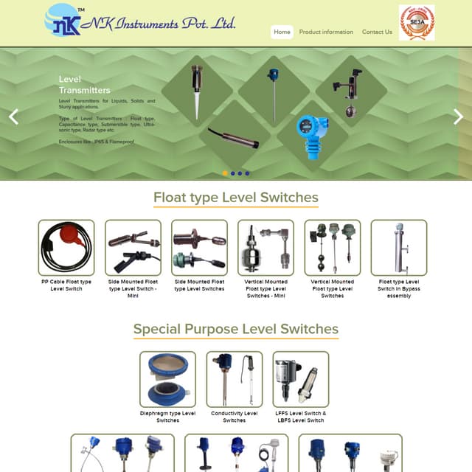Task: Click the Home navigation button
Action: tap(282, 32)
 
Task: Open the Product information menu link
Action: tap(326, 32)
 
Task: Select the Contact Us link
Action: tap(377, 32)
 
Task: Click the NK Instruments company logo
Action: tap(140, 21)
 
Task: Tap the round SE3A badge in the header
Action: tap(417, 23)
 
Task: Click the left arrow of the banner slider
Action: tap(13, 116)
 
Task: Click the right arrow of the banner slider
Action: tap(458, 116)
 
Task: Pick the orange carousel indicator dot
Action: tap(225, 173)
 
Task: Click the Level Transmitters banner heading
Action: tap(84, 84)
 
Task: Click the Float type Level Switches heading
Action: tap(236, 198)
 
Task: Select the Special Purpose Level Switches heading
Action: tap(236, 329)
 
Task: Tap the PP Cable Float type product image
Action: tap(66, 248)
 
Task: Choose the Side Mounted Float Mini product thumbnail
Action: tap(133, 248)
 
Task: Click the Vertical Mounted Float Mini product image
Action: tap(265, 248)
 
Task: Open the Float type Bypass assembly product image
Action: tap(399, 248)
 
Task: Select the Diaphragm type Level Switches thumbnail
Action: tap(167, 379)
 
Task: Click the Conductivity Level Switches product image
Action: tap(235, 379)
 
